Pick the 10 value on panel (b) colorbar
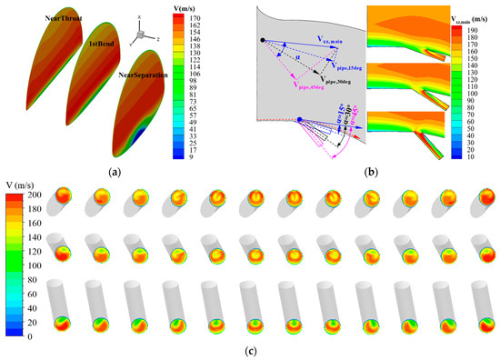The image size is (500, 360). click(475, 155)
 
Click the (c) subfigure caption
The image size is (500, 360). click(251, 349)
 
